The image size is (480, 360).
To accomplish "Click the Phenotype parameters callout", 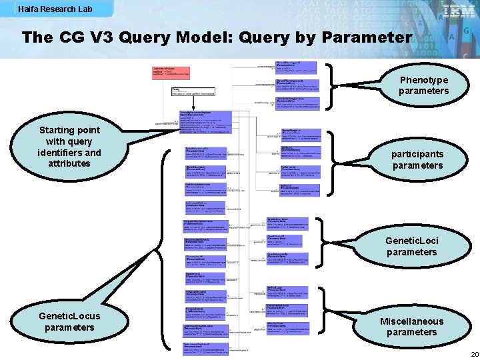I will pyautogui.click(x=423, y=85).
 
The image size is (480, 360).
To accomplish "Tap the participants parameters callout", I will pyautogui.click(x=417, y=159).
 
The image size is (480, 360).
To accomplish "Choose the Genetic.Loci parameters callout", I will pyautogui.click(x=411, y=246).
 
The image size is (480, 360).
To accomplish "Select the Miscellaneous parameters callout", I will pyautogui.click(x=411, y=327).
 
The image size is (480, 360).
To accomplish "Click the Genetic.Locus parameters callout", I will pyautogui.click(x=69, y=321).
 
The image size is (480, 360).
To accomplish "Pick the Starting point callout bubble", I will pyautogui.click(x=69, y=147).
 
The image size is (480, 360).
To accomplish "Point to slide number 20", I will pyautogui.click(x=474, y=354).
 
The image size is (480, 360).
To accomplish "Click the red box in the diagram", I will pyautogui.click(x=171, y=73).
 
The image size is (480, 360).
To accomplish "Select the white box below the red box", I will pyautogui.click(x=193, y=91).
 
